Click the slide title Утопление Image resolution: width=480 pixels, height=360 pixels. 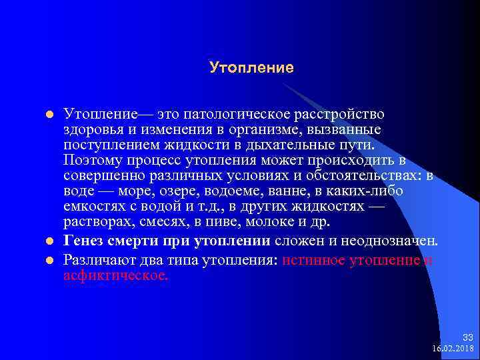coord(251,67)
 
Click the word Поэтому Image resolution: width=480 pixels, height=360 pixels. coord(91,160)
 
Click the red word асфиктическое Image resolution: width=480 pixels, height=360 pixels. coord(116,275)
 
